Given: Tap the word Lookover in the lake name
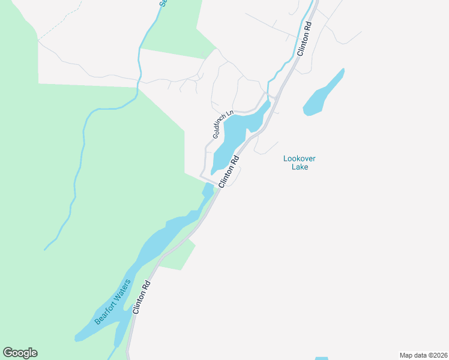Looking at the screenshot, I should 300,158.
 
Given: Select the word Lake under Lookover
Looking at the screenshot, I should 300,167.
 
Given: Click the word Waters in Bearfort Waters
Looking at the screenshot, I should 123,287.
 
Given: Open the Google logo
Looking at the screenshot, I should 20,353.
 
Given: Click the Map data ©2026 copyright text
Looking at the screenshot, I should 423,355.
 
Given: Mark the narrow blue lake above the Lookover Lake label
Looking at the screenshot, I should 324,93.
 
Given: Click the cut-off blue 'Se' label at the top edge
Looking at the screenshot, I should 162,3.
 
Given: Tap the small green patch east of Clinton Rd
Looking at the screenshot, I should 180,256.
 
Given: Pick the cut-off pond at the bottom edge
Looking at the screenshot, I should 322,358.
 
